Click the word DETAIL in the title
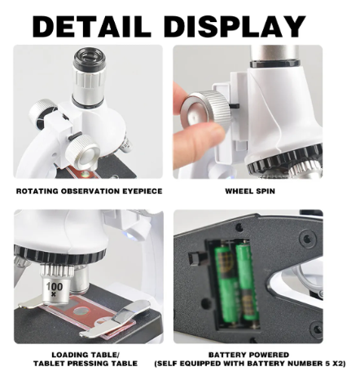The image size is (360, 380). click(x=92, y=26)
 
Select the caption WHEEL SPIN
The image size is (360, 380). click(x=250, y=191)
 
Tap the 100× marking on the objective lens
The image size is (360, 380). click(x=55, y=289)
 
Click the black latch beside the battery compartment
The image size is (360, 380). click(x=196, y=258)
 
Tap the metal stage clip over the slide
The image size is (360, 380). click(x=115, y=318)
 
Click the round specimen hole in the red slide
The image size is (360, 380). click(x=81, y=311)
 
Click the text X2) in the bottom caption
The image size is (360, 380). click(x=339, y=364)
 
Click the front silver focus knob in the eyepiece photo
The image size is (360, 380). click(x=84, y=150)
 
